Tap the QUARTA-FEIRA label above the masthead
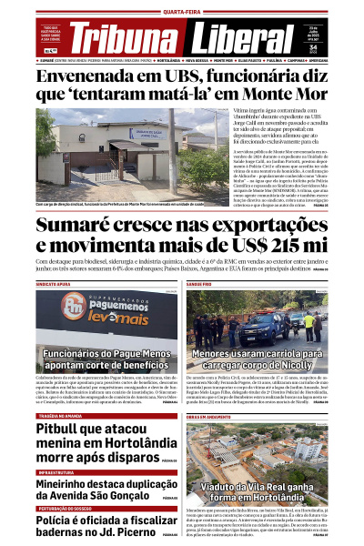(x=181, y=12)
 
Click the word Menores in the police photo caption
(x=218, y=352)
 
